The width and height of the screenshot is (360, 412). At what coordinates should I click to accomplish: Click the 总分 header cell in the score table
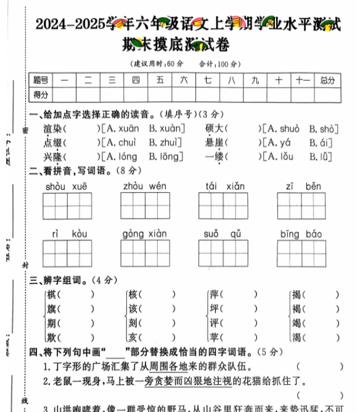(327, 80)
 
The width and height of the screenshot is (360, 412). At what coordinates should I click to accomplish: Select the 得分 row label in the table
(41, 95)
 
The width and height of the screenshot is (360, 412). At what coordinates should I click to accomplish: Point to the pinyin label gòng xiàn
(145, 234)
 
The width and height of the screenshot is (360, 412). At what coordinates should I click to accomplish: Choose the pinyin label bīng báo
(301, 234)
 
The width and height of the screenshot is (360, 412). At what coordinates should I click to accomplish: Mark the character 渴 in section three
(297, 337)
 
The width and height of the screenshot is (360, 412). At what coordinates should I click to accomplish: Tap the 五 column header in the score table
(160, 80)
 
